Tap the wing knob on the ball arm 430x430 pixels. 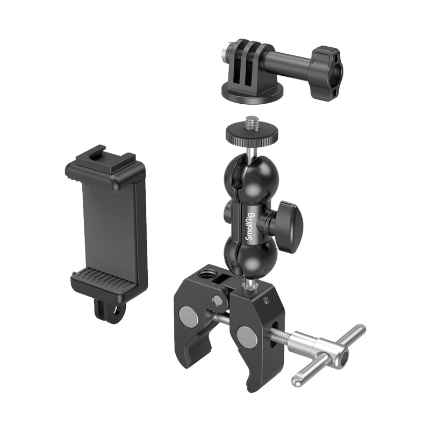tap(289, 221)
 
